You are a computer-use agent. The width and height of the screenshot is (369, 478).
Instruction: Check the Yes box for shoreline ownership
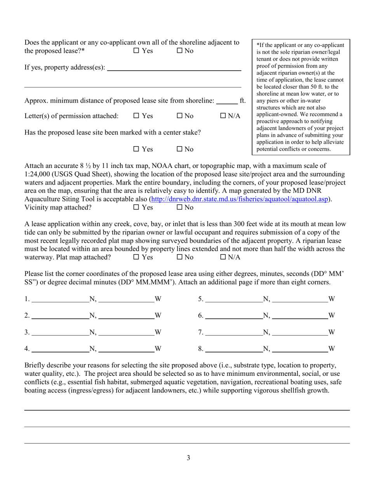[136, 51]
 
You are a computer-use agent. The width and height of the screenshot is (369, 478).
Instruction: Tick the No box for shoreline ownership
[180, 51]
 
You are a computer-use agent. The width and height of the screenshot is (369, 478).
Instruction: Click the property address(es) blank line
[174, 68]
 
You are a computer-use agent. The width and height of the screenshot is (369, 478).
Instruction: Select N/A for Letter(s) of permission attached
[223, 116]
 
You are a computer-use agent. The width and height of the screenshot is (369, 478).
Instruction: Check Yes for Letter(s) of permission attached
[136, 116]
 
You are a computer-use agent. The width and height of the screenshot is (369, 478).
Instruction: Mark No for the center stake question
[180, 149]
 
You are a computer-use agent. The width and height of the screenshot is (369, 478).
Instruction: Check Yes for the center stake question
[136, 149]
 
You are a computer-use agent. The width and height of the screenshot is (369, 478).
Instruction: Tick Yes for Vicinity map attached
[136, 208]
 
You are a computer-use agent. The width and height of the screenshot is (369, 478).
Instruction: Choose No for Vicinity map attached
[180, 208]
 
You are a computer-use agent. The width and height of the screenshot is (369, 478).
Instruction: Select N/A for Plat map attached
[223, 257]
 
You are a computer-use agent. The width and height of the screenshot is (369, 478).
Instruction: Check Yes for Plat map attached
[136, 257]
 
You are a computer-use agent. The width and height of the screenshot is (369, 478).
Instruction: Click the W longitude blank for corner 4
[127, 349]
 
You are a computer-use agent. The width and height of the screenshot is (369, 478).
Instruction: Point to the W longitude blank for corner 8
[300, 349]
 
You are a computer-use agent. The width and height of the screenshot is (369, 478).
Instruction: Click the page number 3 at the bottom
[188, 458]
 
